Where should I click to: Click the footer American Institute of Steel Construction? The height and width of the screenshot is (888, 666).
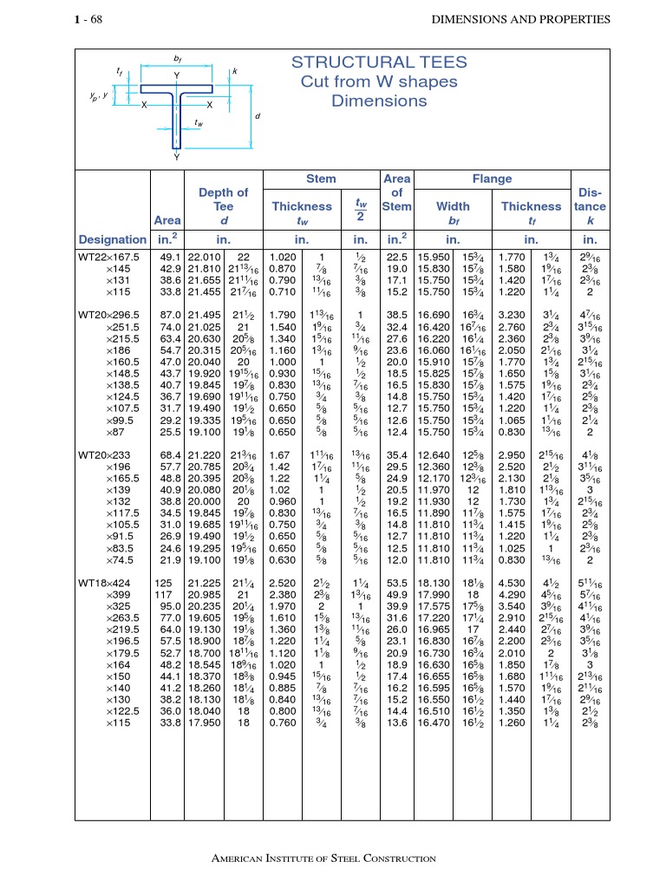324,859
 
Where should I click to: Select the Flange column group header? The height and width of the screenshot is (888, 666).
492,179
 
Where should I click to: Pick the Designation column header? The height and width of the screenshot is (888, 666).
113,239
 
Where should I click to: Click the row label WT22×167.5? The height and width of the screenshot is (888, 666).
112,258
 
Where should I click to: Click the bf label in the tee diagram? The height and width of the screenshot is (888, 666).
178,60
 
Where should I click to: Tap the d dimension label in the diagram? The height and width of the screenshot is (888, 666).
258,115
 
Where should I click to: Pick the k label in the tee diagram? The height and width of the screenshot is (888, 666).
234,69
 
